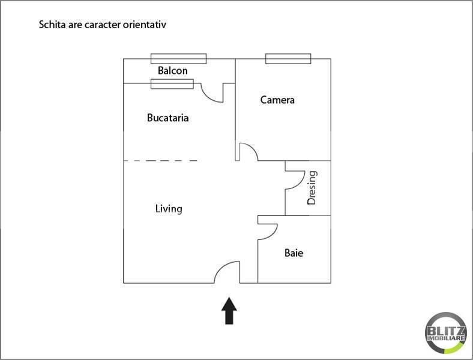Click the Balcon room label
172,71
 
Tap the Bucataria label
167,118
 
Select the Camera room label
277,100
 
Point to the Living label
169,209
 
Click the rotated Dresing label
312,188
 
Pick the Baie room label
294,253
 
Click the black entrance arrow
229,311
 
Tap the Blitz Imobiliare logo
446,333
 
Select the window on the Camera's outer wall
288,59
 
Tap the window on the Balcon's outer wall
179,59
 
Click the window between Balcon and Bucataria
172,84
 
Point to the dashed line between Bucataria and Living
160,161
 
